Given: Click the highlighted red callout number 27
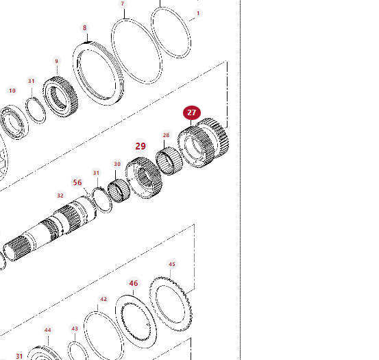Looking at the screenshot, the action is click(192, 112).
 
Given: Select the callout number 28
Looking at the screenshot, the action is click(166, 135).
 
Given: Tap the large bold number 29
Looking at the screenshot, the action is click(140, 146).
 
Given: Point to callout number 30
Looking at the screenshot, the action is click(117, 164).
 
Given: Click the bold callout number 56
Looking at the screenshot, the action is click(77, 182).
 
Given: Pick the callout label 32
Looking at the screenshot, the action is click(60, 195).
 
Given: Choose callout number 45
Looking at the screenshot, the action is click(172, 264).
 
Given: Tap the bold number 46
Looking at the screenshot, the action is click(134, 283).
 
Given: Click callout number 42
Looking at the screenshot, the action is click(103, 300).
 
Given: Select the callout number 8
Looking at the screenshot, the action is click(84, 28).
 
